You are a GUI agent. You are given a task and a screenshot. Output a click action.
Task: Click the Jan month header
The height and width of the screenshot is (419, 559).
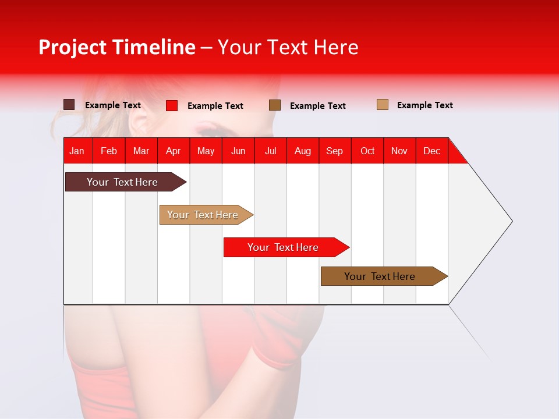77,151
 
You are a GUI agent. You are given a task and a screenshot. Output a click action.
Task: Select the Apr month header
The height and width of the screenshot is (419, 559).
173,151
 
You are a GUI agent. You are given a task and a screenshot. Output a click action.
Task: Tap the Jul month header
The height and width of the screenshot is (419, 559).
270,151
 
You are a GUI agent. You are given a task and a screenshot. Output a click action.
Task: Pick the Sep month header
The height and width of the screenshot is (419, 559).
334,151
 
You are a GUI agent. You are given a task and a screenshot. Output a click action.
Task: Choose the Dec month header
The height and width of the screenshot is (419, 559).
431,151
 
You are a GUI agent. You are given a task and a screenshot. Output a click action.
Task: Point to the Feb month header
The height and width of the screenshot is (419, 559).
109,151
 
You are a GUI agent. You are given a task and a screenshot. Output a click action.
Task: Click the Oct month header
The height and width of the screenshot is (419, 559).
367,151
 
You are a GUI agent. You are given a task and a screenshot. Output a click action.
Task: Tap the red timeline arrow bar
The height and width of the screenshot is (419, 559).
284,247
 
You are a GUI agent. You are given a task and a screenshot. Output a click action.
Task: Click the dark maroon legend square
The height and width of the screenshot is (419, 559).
69,105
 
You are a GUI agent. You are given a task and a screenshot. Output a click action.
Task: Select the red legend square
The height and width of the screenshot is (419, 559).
172,105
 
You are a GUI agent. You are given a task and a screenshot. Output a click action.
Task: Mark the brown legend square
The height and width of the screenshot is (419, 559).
275,105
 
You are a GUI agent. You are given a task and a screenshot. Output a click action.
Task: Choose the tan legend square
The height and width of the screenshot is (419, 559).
383,105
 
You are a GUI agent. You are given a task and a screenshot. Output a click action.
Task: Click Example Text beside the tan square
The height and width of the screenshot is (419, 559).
424,105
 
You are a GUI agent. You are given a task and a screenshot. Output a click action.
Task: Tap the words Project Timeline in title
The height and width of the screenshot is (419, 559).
116,47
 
